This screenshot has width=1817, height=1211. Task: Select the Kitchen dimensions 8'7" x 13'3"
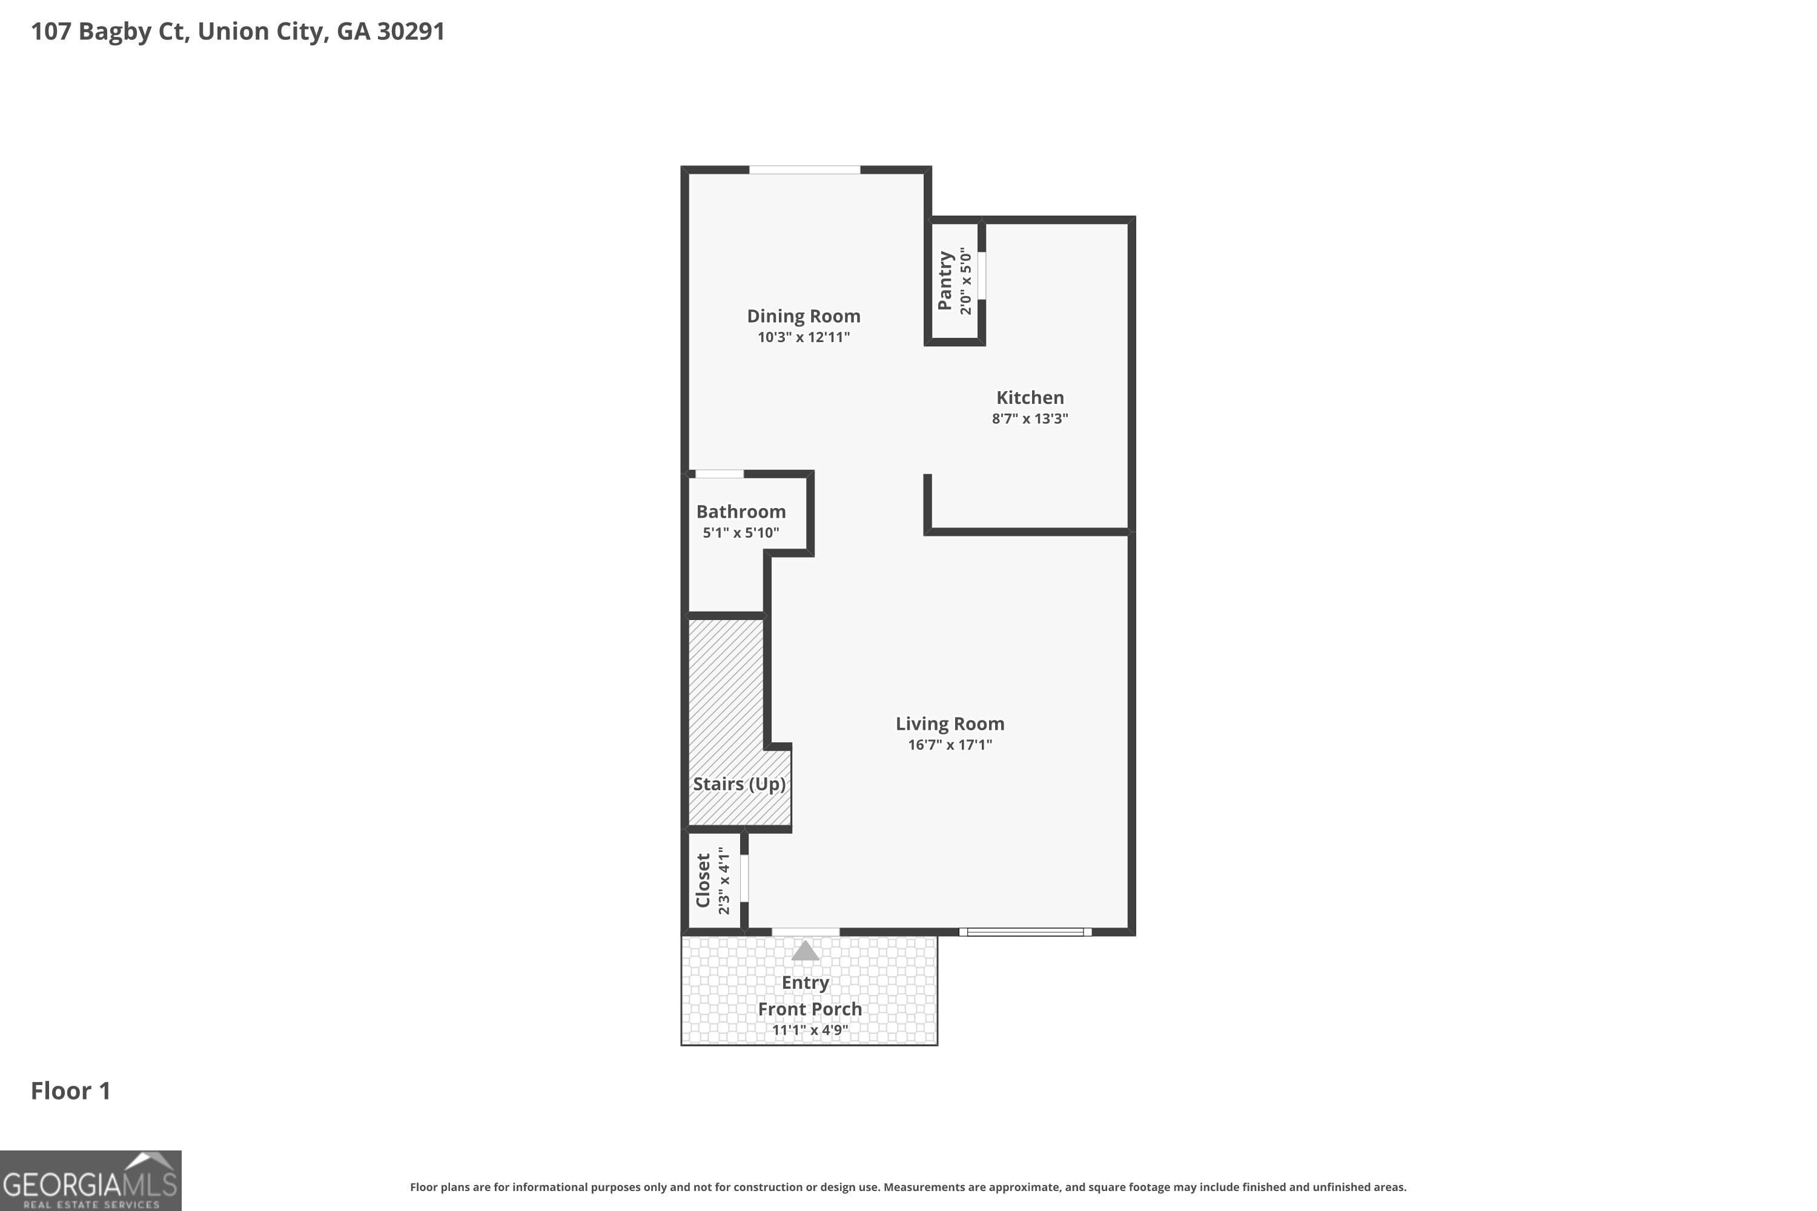pyautogui.click(x=1030, y=418)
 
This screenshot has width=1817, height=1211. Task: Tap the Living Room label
pyautogui.click(x=950, y=724)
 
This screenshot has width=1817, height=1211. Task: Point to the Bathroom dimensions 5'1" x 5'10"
pyautogui.click(x=740, y=533)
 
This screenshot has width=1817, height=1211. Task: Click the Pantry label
pyautogui.click(x=944, y=280)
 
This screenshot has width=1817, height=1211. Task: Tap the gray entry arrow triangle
pyautogui.click(x=805, y=951)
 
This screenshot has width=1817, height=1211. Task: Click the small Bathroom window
pyautogui.click(x=720, y=474)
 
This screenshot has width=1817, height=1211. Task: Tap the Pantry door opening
pyautogui.click(x=982, y=275)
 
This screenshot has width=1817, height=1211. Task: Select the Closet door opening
pyautogui.click(x=744, y=878)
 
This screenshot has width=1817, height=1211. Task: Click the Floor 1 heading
pyautogui.click(x=70, y=1091)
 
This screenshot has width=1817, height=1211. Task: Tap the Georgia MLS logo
pyautogui.click(x=90, y=1180)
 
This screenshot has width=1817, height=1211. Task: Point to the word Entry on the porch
pyautogui.click(x=805, y=982)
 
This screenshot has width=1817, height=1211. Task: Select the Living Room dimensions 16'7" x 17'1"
pyautogui.click(x=950, y=745)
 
